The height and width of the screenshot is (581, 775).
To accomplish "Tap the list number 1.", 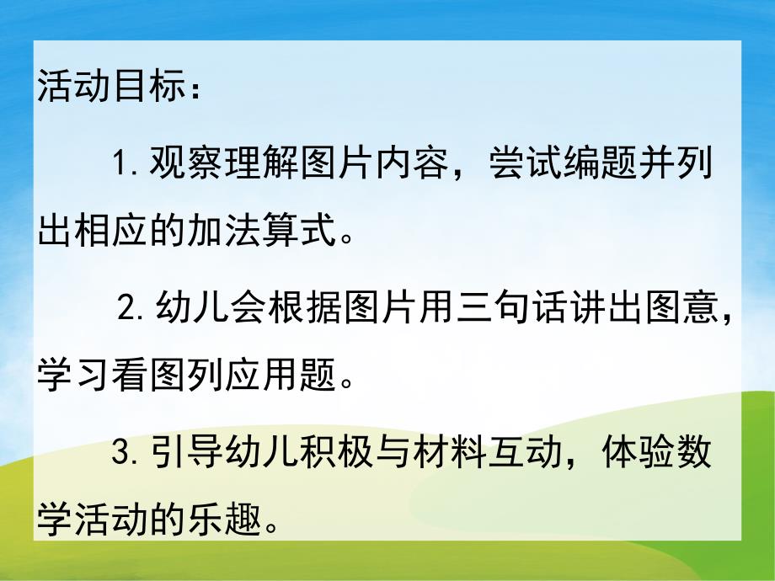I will tap(119, 160).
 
